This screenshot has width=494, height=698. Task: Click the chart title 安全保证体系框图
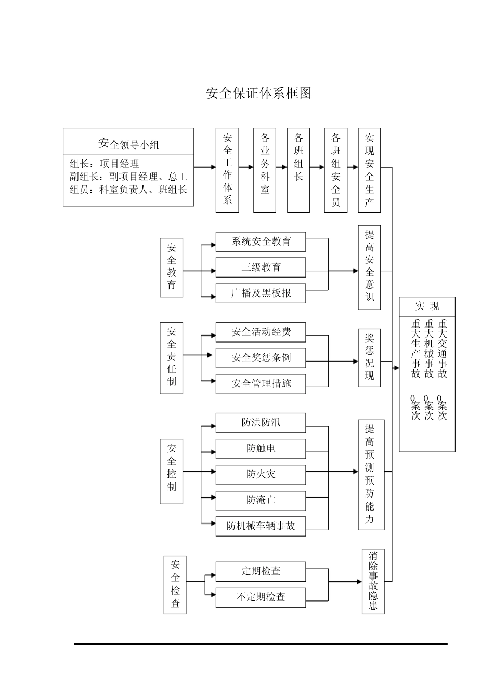pyautogui.click(x=258, y=93)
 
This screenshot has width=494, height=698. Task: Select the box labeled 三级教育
pyautogui.click(x=261, y=267)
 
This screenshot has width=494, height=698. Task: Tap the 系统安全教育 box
pyautogui.click(x=261, y=241)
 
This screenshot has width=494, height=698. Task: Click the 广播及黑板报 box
pyautogui.click(x=261, y=293)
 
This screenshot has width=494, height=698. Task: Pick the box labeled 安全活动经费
pyautogui.click(x=261, y=332)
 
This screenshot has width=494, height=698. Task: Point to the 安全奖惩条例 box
pyautogui.click(x=261, y=358)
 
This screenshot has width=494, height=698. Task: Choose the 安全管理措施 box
pyautogui.click(x=261, y=384)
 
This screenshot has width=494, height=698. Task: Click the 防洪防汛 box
pyautogui.click(x=261, y=422)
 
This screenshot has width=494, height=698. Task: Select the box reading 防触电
pyautogui.click(x=261, y=448)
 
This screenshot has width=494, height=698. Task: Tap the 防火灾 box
pyautogui.click(x=261, y=474)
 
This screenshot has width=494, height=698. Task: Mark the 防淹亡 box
pyautogui.click(x=261, y=500)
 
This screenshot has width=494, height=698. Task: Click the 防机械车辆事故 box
pyautogui.click(x=261, y=526)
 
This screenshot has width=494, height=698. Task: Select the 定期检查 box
pyautogui.click(x=261, y=571)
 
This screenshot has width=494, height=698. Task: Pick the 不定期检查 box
pyautogui.click(x=261, y=597)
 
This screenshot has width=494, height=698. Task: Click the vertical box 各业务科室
pyautogui.click(x=265, y=170)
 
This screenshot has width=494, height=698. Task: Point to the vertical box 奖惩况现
pyautogui.click(x=369, y=357)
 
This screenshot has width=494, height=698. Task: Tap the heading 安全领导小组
pyautogui.click(x=128, y=144)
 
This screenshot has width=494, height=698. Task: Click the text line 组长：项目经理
pyautogui.click(x=105, y=164)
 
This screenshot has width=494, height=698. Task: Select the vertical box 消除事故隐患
pyautogui.click(x=373, y=581)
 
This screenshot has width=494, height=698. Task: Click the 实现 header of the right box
pyautogui.click(x=427, y=306)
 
